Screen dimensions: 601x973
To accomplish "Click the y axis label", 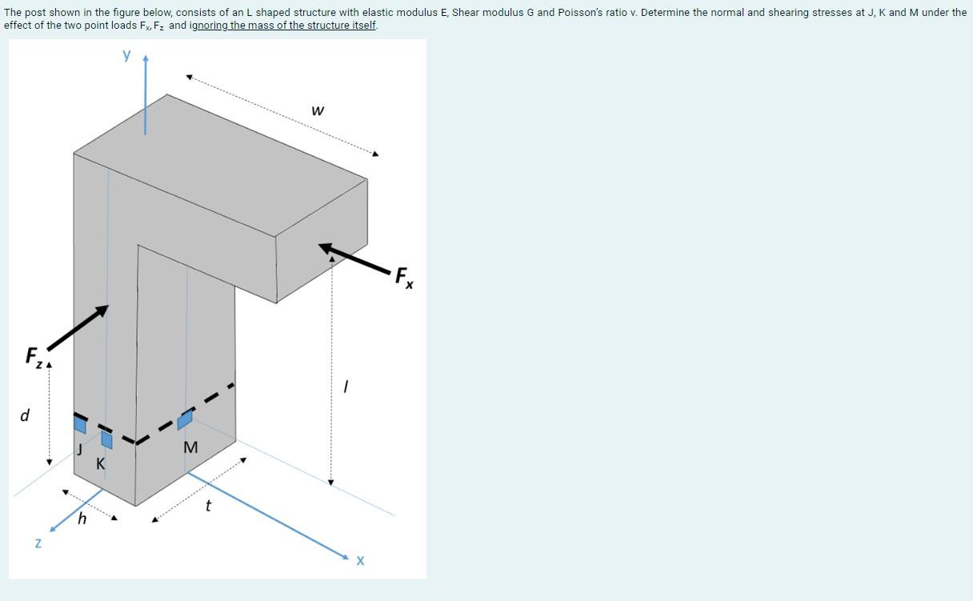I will [126, 55].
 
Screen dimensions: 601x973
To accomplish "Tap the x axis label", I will [360, 561].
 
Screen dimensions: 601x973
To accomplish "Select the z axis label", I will [38, 543].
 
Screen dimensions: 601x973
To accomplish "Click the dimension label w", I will [318, 110].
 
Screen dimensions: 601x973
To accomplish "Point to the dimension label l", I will [345, 387].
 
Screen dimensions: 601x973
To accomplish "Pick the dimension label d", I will [25, 416].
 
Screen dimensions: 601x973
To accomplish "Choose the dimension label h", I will [82, 519].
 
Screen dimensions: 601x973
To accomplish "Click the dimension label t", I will [208, 505].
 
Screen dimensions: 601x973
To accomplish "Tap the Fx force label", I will [404, 277].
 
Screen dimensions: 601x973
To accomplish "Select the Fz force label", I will [34, 356].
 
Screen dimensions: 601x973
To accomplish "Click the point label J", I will [80, 449].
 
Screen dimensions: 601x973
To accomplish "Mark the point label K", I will [101, 464].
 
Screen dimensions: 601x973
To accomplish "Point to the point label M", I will [190, 448].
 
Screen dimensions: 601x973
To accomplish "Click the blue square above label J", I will [80, 424].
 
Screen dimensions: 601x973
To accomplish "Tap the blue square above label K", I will [106, 440].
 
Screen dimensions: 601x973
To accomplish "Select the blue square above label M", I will [185, 420].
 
